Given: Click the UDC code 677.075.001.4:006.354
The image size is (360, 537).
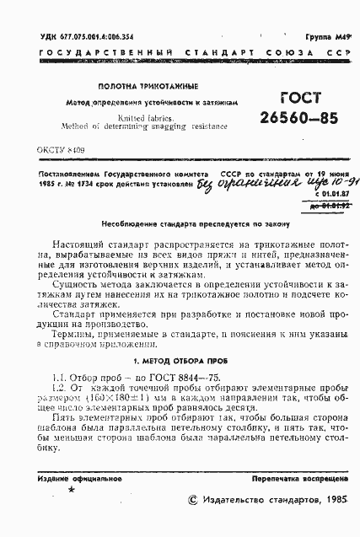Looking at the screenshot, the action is click(x=83, y=38).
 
